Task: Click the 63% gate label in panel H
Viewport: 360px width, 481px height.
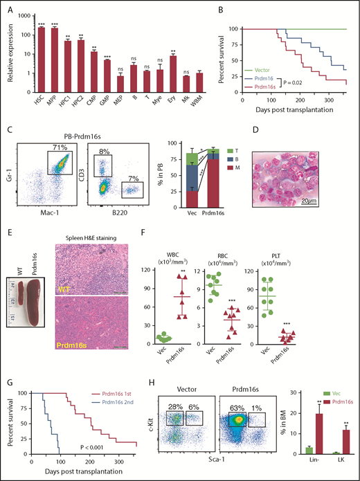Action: [217, 403]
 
